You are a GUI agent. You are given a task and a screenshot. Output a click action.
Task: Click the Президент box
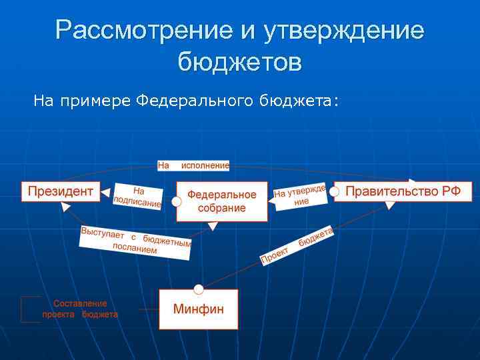60,191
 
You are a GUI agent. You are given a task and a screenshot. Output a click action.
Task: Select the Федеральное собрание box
222,201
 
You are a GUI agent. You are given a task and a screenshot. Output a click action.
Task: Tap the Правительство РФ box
403,191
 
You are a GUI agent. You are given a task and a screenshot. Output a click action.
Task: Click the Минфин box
198,309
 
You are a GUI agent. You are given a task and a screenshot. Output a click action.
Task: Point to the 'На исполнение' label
193,165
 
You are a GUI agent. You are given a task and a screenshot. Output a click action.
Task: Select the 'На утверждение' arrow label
300,196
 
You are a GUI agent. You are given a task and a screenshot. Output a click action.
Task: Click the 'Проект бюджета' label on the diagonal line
296,245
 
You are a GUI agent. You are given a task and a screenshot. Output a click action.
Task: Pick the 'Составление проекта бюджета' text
80,309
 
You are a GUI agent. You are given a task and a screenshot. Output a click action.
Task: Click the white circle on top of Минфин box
198,289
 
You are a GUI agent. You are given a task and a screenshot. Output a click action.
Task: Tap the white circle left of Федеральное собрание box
176,201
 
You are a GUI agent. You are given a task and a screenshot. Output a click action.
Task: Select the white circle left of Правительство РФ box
335,192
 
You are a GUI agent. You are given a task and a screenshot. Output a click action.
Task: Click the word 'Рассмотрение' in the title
137,31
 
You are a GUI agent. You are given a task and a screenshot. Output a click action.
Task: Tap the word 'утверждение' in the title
345,31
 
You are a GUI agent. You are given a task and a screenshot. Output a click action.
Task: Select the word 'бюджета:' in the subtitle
309,101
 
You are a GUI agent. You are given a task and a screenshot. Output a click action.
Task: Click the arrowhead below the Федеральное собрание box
213,227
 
